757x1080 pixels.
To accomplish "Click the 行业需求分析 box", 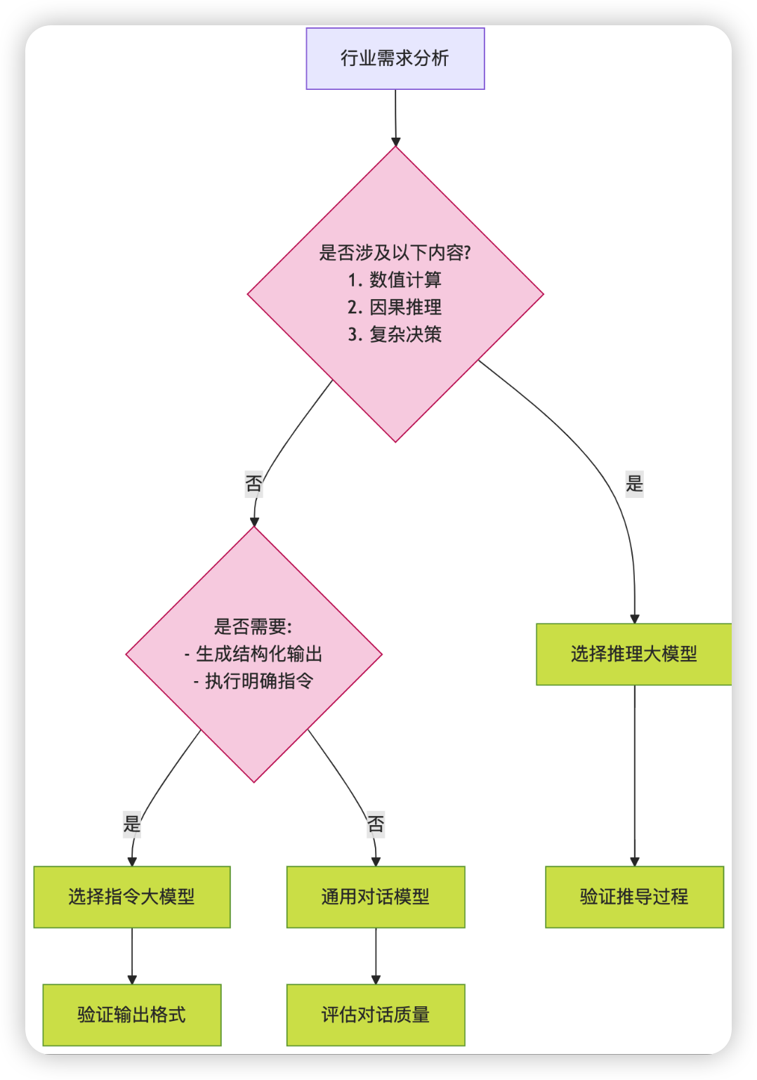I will pos(395,58).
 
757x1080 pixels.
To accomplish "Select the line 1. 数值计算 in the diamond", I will pos(395,279).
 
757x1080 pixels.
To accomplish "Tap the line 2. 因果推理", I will pos(395,307).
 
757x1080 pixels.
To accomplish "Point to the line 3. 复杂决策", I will pos(395,334).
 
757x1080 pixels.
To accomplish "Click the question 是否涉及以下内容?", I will pos(395,252).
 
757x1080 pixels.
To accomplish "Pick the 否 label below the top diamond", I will pos(254,484).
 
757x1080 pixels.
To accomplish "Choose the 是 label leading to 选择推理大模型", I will pos(634,484).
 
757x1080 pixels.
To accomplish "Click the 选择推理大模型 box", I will pos(633,654).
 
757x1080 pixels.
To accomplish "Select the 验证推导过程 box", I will pos(634,897).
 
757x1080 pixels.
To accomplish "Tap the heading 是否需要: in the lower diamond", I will pos(254,626).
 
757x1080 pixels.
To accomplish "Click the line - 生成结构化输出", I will pos(254,654).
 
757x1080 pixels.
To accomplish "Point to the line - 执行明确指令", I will pos(254,681).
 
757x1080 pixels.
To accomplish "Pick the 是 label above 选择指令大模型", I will pos(132,824).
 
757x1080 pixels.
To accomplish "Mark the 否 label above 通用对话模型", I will pos(376,824).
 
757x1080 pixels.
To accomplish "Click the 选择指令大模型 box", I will pos(132,897).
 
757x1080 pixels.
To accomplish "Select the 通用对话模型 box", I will pos(376,897).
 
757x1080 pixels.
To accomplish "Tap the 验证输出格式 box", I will pos(132,1015).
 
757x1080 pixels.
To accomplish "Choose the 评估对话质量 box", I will pos(376,1015).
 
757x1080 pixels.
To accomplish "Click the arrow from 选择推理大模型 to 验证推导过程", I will pos(635,772).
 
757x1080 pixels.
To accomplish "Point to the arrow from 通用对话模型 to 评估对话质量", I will pos(376,955).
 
